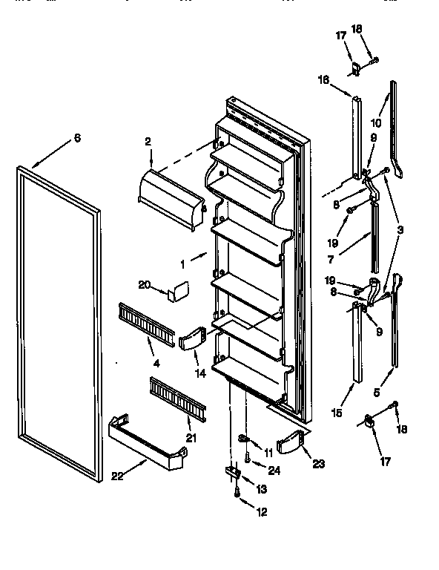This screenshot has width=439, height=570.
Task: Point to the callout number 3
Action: coord(400,230)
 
